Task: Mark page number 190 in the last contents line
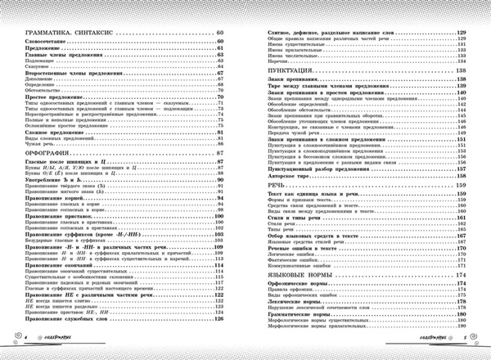[x=462, y=323]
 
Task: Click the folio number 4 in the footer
[x=26, y=336]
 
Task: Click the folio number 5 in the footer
[x=463, y=336]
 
